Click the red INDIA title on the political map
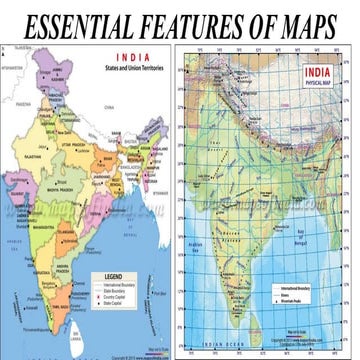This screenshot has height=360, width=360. click(x=131, y=59)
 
